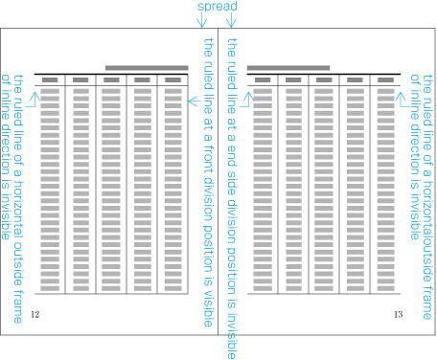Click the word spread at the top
(x=218, y=7)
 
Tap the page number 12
(x=34, y=314)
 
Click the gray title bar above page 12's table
(x=147, y=68)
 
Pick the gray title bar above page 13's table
(x=288, y=68)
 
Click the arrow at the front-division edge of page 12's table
(x=194, y=100)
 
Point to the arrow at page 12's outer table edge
(x=34, y=96)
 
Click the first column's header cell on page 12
(x=51, y=80)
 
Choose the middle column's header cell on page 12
(x=111, y=80)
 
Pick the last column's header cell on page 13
(x=384, y=80)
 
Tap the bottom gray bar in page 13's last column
(x=384, y=287)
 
